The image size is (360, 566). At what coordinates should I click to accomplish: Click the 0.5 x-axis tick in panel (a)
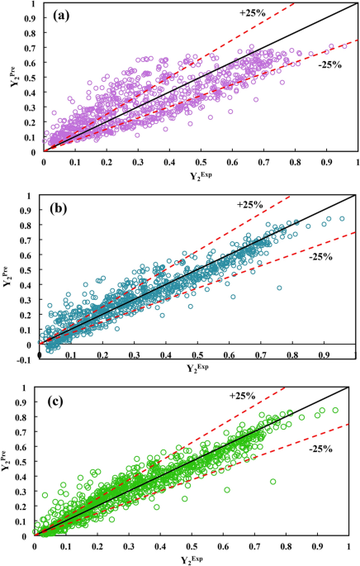coord(201,162)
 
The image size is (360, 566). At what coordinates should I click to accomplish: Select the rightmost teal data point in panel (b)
coord(342,218)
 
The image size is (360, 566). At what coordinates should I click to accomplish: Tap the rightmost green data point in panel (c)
coord(334,409)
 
